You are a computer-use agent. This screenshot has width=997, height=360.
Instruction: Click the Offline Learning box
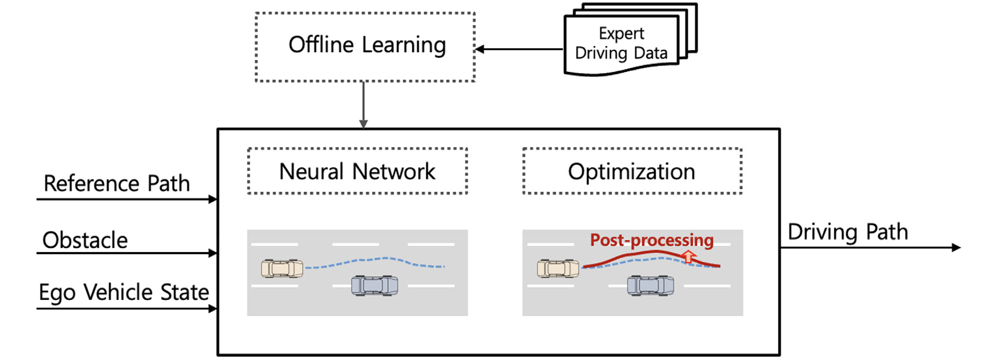pyautogui.click(x=365, y=47)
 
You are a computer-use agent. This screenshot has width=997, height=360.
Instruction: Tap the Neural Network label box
pyautogui.click(x=357, y=171)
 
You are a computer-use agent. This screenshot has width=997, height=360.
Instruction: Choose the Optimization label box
pyautogui.click(x=632, y=171)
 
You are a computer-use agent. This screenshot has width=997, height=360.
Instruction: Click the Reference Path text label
pyautogui.click(x=116, y=183)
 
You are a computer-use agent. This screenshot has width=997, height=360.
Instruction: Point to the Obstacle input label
pyautogui.click(x=85, y=240)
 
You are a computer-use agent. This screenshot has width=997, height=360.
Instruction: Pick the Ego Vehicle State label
pyautogui.click(x=124, y=292)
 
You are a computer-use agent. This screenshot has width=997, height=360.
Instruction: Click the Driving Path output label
pyautogui.click(x=847, y=232)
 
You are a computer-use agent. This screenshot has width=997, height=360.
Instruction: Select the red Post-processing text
pyautogui.click(x=652, y=240)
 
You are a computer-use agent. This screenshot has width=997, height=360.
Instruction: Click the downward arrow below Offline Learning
pyautogui.click(x=363, y=105)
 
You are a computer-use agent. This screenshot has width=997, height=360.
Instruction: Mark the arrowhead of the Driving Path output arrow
pyautogui.click(x=956, y=247)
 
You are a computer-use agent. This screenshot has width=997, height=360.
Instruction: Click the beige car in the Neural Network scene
pyautogui.click(x=282, y=268)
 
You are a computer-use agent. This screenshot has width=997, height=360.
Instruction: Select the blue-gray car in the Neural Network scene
pyautogui.click(x=374, y=285)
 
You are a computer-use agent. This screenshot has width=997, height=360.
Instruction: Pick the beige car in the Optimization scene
pyautogui.click(x=558, y=268)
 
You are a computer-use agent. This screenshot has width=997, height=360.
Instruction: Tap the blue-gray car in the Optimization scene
pyautogui.click(x=650, y=285)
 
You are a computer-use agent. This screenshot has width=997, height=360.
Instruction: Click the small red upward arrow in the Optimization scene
pyautogui.click(x=688, y=257)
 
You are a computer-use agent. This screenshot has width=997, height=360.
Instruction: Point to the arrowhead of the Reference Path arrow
pyautogui.click(x=213, y=199)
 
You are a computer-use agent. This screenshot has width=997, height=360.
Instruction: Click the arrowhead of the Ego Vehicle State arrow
pyautogui.click(x=213, y=308)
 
